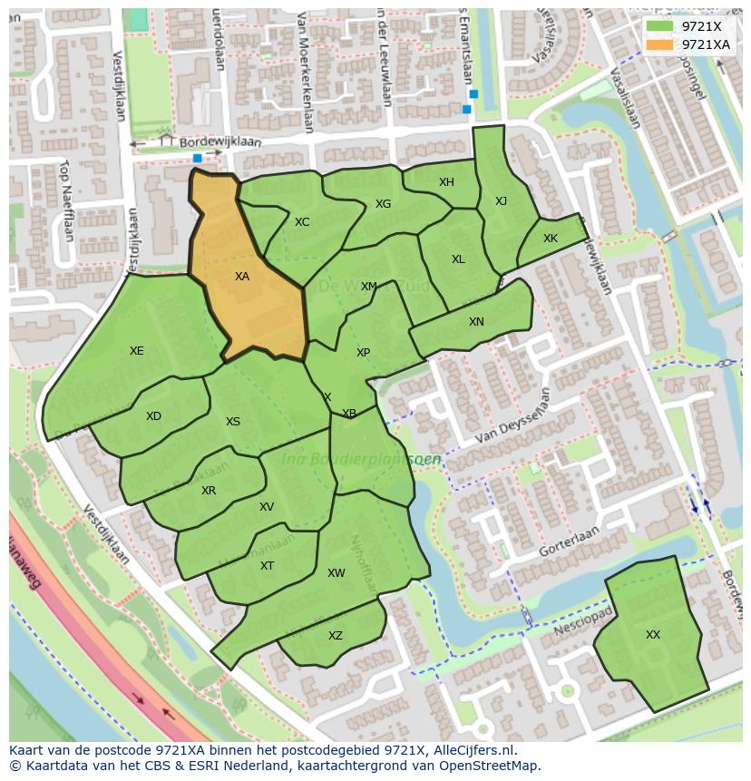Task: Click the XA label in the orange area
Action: [x=241, y=277]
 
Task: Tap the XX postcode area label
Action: [x=652, y=635]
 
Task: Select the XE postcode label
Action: [x=136, y=351]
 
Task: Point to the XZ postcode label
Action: [x=336, y=636]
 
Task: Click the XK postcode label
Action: [x=551, y=239]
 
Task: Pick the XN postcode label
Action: [x=476, y=322]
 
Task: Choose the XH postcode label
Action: [x=446, y=182]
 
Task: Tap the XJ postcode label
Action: [x=501, y=201]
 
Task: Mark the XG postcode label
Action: [x=383, y=204]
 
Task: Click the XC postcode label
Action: [x=302, y=222]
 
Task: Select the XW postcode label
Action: [x=336, y=573]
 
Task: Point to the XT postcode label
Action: [x=267, y=566]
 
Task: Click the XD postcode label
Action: [x=153, y=416]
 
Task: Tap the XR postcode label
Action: [x=209, y=491]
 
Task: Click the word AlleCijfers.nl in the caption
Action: [x=470, y=751]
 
